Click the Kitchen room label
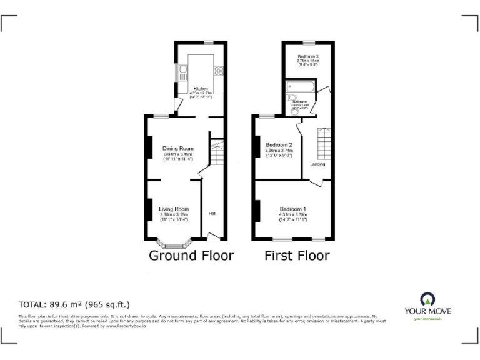(x=200, y=89)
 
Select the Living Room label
(x=173, y=209)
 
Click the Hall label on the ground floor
(x=212, y=214)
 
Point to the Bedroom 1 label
(x=292, y=209)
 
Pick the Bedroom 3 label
(x=307, y=57)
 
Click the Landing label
(x=317, y=164)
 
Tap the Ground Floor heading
(x=191, y=256)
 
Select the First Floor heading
(x=297, y=256)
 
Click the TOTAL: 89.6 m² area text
(x=74, y=305)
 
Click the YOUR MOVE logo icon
(x=428, y=298)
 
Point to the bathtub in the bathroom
(x=301, y=87)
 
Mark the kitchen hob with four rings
(x=219, y=70)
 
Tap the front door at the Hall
(x=213, y=236)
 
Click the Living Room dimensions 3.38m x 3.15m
(x=173, y=216)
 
